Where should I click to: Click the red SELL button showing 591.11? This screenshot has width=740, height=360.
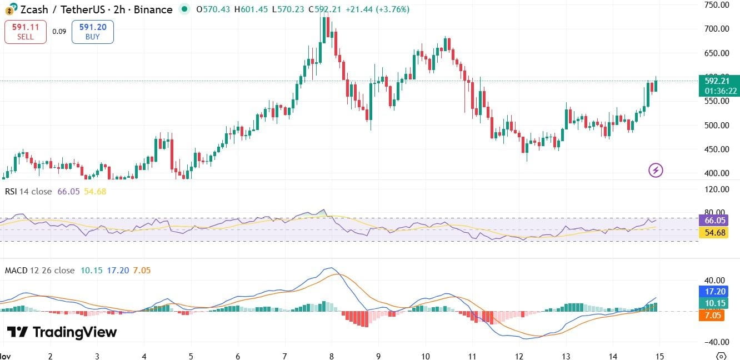click(x=25, y=32)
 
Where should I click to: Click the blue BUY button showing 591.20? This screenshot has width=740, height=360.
click(x=92, y=32)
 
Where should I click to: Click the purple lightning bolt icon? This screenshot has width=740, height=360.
click(x=656, y=170)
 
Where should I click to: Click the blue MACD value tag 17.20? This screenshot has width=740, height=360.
click(x=712, y=291)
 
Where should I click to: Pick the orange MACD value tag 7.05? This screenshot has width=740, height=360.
click(x=712, y=316)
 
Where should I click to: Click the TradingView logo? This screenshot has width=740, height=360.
click(x=62, y=332)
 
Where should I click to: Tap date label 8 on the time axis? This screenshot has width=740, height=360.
click(x=332, y=356)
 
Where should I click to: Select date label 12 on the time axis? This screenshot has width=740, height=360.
click(x=519, y=356)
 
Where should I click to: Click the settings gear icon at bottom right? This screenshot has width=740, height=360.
click(x=721, y=356)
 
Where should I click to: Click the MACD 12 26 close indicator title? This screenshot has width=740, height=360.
click(x=39, y=271)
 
